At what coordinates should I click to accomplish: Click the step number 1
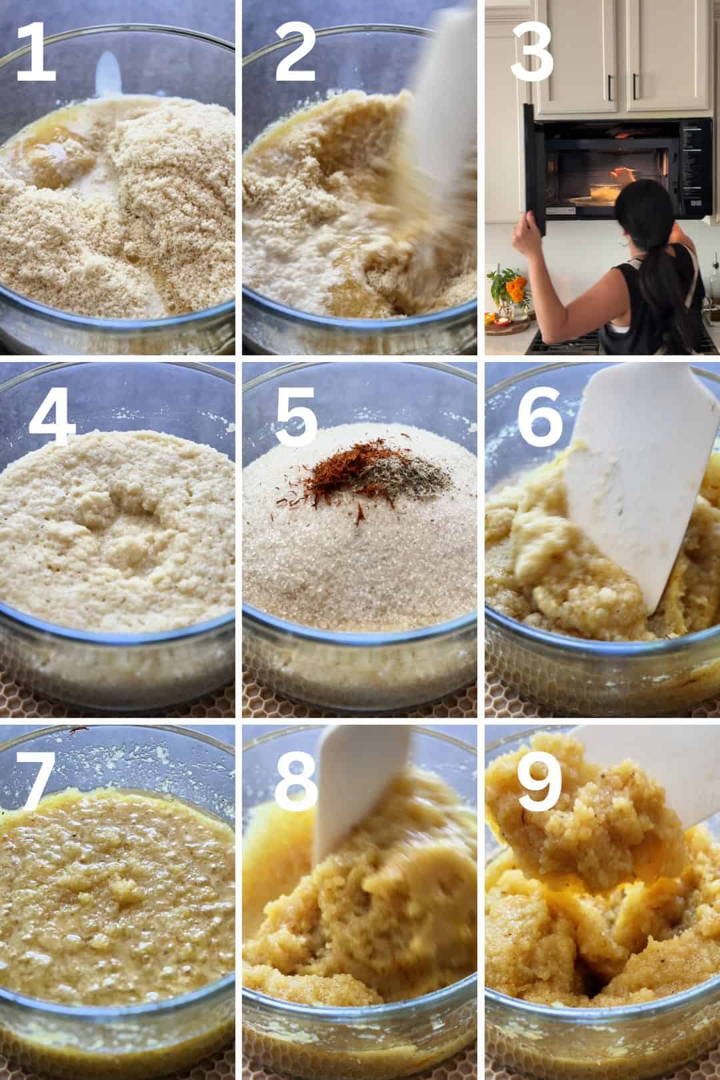[x=37, y=53]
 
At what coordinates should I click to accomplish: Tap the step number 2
[x=295, y=53]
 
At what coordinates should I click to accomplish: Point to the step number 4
[x=51, y=415]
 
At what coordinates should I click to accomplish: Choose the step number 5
[x=296, y=415]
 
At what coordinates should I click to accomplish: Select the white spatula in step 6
[x=641, y=477]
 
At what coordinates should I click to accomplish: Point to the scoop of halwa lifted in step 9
[x=586, y=819]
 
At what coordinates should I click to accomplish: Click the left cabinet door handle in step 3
[x=611, y=87]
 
